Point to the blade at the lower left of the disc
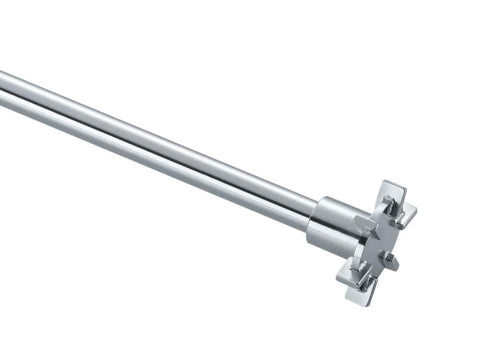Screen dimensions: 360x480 350,267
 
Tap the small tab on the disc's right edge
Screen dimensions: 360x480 393,262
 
